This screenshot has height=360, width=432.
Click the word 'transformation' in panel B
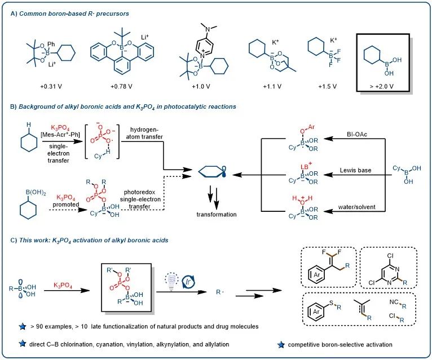[216, 214]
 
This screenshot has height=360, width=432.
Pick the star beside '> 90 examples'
[21, 325]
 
